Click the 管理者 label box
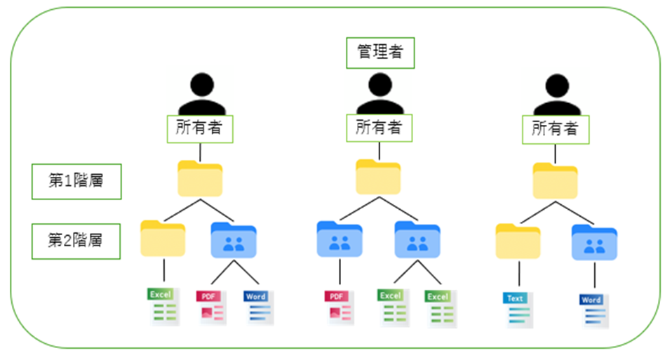[x=380, y=53]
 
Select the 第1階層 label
[x=76, y=181]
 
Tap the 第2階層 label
[x=76, y=240]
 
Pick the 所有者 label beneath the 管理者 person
[x=379, y=128]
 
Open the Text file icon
[x=518, y=309]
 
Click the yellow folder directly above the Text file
[x=518, y=241]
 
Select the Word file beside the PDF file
[x=256, y=307]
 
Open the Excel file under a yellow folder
[x=163, y=307]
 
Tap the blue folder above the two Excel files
[x=417, y=240]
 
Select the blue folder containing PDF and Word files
[x=234, y=241]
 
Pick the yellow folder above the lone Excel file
[x=163, y=239]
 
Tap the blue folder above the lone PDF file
[x=339, y=240]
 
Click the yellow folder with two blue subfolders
[x=379, y=177]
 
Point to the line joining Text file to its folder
[x=518, y=273]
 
